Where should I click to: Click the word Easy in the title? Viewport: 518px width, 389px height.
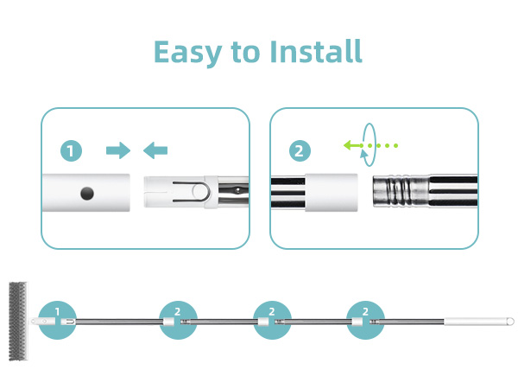click(188, 53)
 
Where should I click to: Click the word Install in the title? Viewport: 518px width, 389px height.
click(316, 51)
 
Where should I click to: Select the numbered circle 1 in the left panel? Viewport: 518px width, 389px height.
click(71, 150)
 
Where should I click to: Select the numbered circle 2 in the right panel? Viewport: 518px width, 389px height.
click(300, 150)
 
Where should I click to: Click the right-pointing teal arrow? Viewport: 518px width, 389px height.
click(118, 150)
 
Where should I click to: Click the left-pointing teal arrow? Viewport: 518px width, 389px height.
click(155, 150)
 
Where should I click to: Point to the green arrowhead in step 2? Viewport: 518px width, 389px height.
click(349, 145)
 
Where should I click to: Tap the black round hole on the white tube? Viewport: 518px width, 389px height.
click(87, 193)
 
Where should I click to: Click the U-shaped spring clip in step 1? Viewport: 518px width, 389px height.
click(191, 192)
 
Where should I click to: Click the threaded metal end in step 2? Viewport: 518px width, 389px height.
click(401, 191)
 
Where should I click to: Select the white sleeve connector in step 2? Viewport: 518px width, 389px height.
click(331, 193)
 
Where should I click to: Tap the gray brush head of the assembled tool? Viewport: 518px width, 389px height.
click(18, 322)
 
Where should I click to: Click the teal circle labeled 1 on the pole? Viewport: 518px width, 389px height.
click(57, 320)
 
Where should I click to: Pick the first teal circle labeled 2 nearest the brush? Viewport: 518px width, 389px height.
click(178, 320)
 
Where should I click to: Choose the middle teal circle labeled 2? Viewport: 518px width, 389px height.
click(272, 320)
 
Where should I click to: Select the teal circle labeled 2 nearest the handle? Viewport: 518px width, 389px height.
click(365, 320)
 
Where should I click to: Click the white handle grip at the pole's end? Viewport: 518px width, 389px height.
click(479, 322)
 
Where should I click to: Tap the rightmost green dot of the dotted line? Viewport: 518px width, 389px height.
click(395, 145)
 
